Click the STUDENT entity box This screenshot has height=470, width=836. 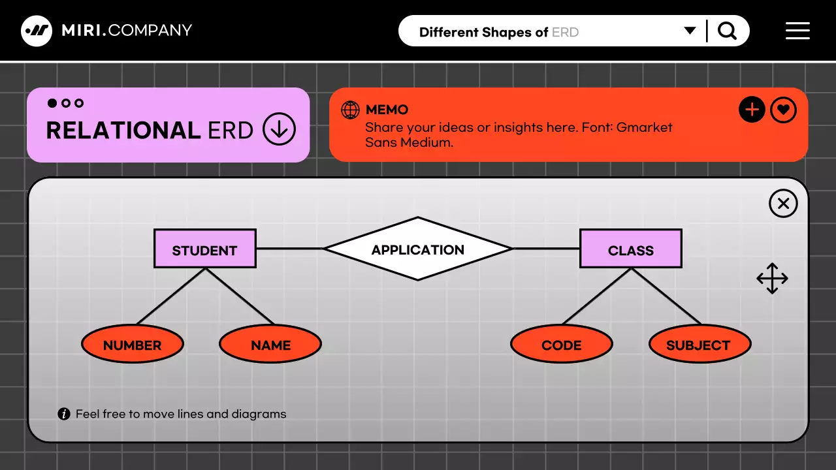click(204, 249)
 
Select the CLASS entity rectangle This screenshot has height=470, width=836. click(630, 249)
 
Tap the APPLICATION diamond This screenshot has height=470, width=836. click(418, 249)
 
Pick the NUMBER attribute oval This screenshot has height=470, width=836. click(133, 344)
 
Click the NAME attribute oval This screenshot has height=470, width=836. click(270, 344)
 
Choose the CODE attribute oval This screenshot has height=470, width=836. click(562, 344)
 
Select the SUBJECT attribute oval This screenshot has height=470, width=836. click(699, 344)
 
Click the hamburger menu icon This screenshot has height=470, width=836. click(797, 31)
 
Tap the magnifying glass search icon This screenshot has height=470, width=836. click(727, 31)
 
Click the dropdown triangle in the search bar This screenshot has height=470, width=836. click(690, 31)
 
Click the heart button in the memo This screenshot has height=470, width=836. click(783, 110)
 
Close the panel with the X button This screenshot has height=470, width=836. click(783, 204)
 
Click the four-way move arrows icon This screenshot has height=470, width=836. click(772, 279)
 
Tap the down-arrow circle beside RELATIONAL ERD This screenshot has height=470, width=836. click(279, 129)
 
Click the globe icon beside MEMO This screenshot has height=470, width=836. click(351, 110)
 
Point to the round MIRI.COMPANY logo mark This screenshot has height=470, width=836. click(37, 31)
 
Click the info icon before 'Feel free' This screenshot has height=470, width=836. click(64, 414)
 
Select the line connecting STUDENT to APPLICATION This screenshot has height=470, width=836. click(289, 249)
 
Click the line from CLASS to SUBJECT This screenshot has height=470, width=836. click(666, 296)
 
